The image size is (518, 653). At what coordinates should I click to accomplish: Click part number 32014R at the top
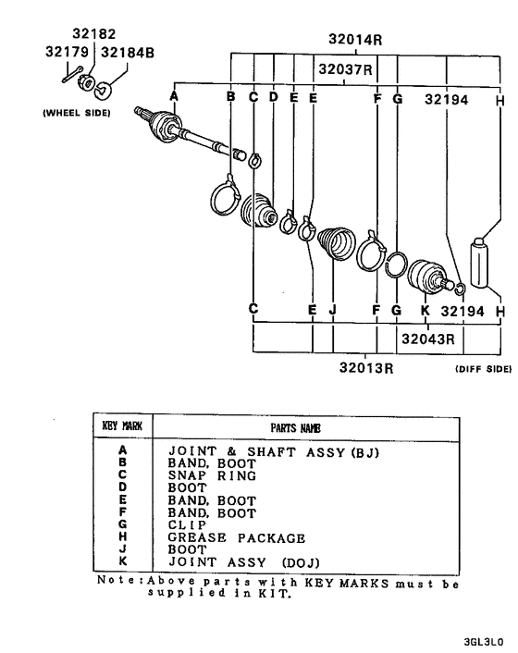tap(355, 40)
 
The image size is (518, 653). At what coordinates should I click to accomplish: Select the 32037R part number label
tap(345, 68)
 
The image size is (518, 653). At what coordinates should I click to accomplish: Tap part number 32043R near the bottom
tap(428, 339)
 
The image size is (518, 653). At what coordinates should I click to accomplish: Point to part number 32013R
tap(366, 368)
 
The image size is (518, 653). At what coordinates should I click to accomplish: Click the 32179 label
tap(67, 52)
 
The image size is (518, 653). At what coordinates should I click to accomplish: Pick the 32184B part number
tap(128, 53)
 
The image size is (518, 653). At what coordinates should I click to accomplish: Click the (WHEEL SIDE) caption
tap(77, 113)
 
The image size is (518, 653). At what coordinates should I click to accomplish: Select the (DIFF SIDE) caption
tap(484, 369)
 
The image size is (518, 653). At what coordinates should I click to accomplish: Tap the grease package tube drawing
tap(479, 263)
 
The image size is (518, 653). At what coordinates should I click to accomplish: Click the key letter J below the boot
tap(332, 310)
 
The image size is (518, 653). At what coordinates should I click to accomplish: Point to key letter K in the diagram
tap(425, 311)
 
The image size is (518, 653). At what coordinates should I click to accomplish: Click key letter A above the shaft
tap(174, 96)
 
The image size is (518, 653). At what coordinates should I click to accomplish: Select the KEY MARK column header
tap(122, 425)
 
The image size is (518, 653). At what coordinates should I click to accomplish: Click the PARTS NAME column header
tap(296, 428)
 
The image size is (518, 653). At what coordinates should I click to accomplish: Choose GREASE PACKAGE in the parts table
tap(237, 537)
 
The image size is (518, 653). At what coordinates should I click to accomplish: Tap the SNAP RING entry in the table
tap(212, 475)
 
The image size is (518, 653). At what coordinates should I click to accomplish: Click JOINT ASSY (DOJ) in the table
tap(244, 562)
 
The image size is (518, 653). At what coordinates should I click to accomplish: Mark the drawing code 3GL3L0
tap(484, 642)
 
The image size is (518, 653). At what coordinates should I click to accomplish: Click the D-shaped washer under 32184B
tap(102, 91)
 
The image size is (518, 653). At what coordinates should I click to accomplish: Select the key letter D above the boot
tap(274, 96)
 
